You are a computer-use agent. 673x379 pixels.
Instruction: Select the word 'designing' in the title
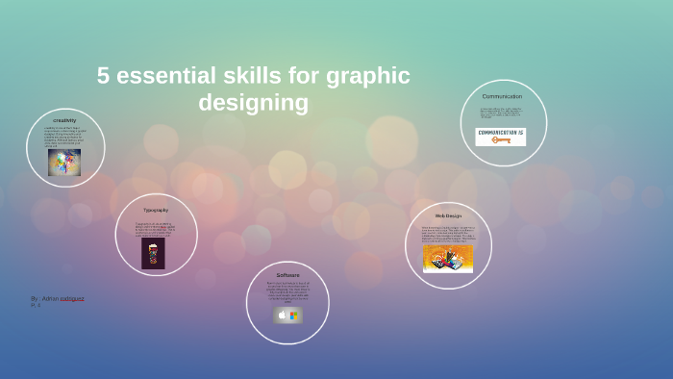click(x=253, y=102)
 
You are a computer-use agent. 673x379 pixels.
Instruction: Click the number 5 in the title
click(x=103, y=76)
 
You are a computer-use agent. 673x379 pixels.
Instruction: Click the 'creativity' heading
click(x=64, y=120)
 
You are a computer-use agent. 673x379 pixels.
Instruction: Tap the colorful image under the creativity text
click(x=64, y=162)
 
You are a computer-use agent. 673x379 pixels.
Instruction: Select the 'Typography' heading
click(x=156, y=210)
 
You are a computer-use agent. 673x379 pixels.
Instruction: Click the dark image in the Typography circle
click(x=154, y=253)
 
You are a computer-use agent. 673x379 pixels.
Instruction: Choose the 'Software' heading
click(x=287, y=275)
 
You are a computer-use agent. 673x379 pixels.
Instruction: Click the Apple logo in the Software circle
click(x=282, y=315)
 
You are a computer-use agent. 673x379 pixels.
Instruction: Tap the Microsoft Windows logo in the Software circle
click(x=294, y=315)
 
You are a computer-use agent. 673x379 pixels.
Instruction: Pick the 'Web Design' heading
click(x=448, y=215)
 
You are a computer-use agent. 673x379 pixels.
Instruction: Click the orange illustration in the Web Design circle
click(x=448, y=258)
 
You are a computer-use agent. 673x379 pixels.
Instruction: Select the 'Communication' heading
click(x=502, y=96)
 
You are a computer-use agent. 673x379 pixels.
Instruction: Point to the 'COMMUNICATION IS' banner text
click(x=501, y=132)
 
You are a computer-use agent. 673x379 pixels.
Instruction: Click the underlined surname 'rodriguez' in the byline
click(x=72, y=298)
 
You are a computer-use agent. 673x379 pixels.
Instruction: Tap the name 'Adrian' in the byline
click(x=50, y=298)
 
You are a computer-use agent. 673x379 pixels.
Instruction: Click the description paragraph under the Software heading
click(x=287, y=291)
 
